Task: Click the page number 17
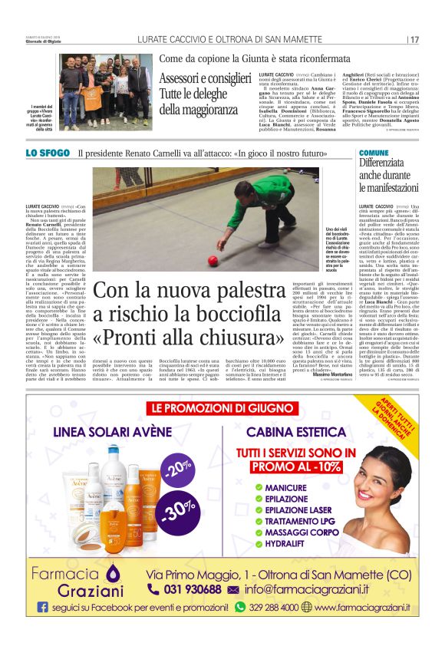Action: click(414, 39)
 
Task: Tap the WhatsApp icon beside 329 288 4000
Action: click(239, 607)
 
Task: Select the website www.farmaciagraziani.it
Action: click(361, 608)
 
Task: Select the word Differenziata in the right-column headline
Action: click(387, 163)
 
